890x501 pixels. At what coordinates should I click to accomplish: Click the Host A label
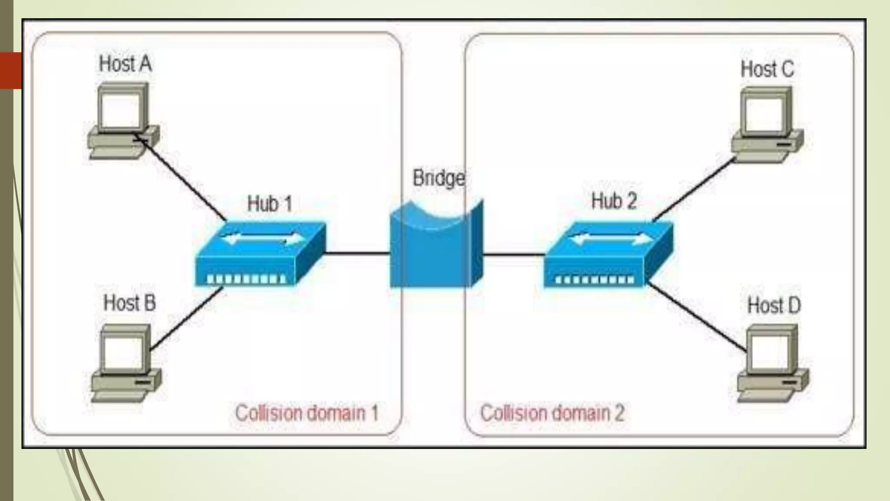point(125,64)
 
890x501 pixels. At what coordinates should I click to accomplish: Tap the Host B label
point(130,303)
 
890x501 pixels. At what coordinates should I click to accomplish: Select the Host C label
point(767,69)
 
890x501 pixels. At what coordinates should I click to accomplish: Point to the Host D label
point(774,305)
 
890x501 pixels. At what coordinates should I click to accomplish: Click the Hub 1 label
point(269,204)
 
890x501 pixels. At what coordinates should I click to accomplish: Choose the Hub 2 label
point(614,201)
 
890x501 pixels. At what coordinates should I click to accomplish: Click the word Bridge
point(438,178)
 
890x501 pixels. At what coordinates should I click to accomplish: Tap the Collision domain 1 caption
point(307,413)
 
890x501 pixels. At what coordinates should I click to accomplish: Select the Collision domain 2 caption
point(552,413)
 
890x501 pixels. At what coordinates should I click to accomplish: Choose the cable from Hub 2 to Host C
point(693,190)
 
